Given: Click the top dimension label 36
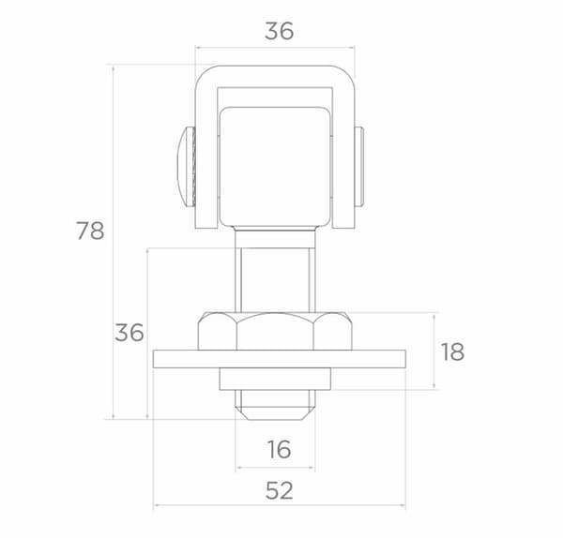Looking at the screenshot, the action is coord(279,31).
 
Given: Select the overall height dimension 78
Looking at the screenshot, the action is coord(90,231).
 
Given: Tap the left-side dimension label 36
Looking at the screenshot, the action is coord(129,333).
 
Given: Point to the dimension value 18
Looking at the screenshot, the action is coord(452,351).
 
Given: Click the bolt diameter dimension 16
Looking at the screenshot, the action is coord(279,449).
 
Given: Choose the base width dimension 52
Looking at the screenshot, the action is coord(280,490).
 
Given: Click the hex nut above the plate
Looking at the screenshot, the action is coord(275,331).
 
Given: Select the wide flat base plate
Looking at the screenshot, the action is coord(280,359).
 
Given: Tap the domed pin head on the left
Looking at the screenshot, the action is coord(187,167).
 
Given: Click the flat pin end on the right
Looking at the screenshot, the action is coord(359,167).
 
